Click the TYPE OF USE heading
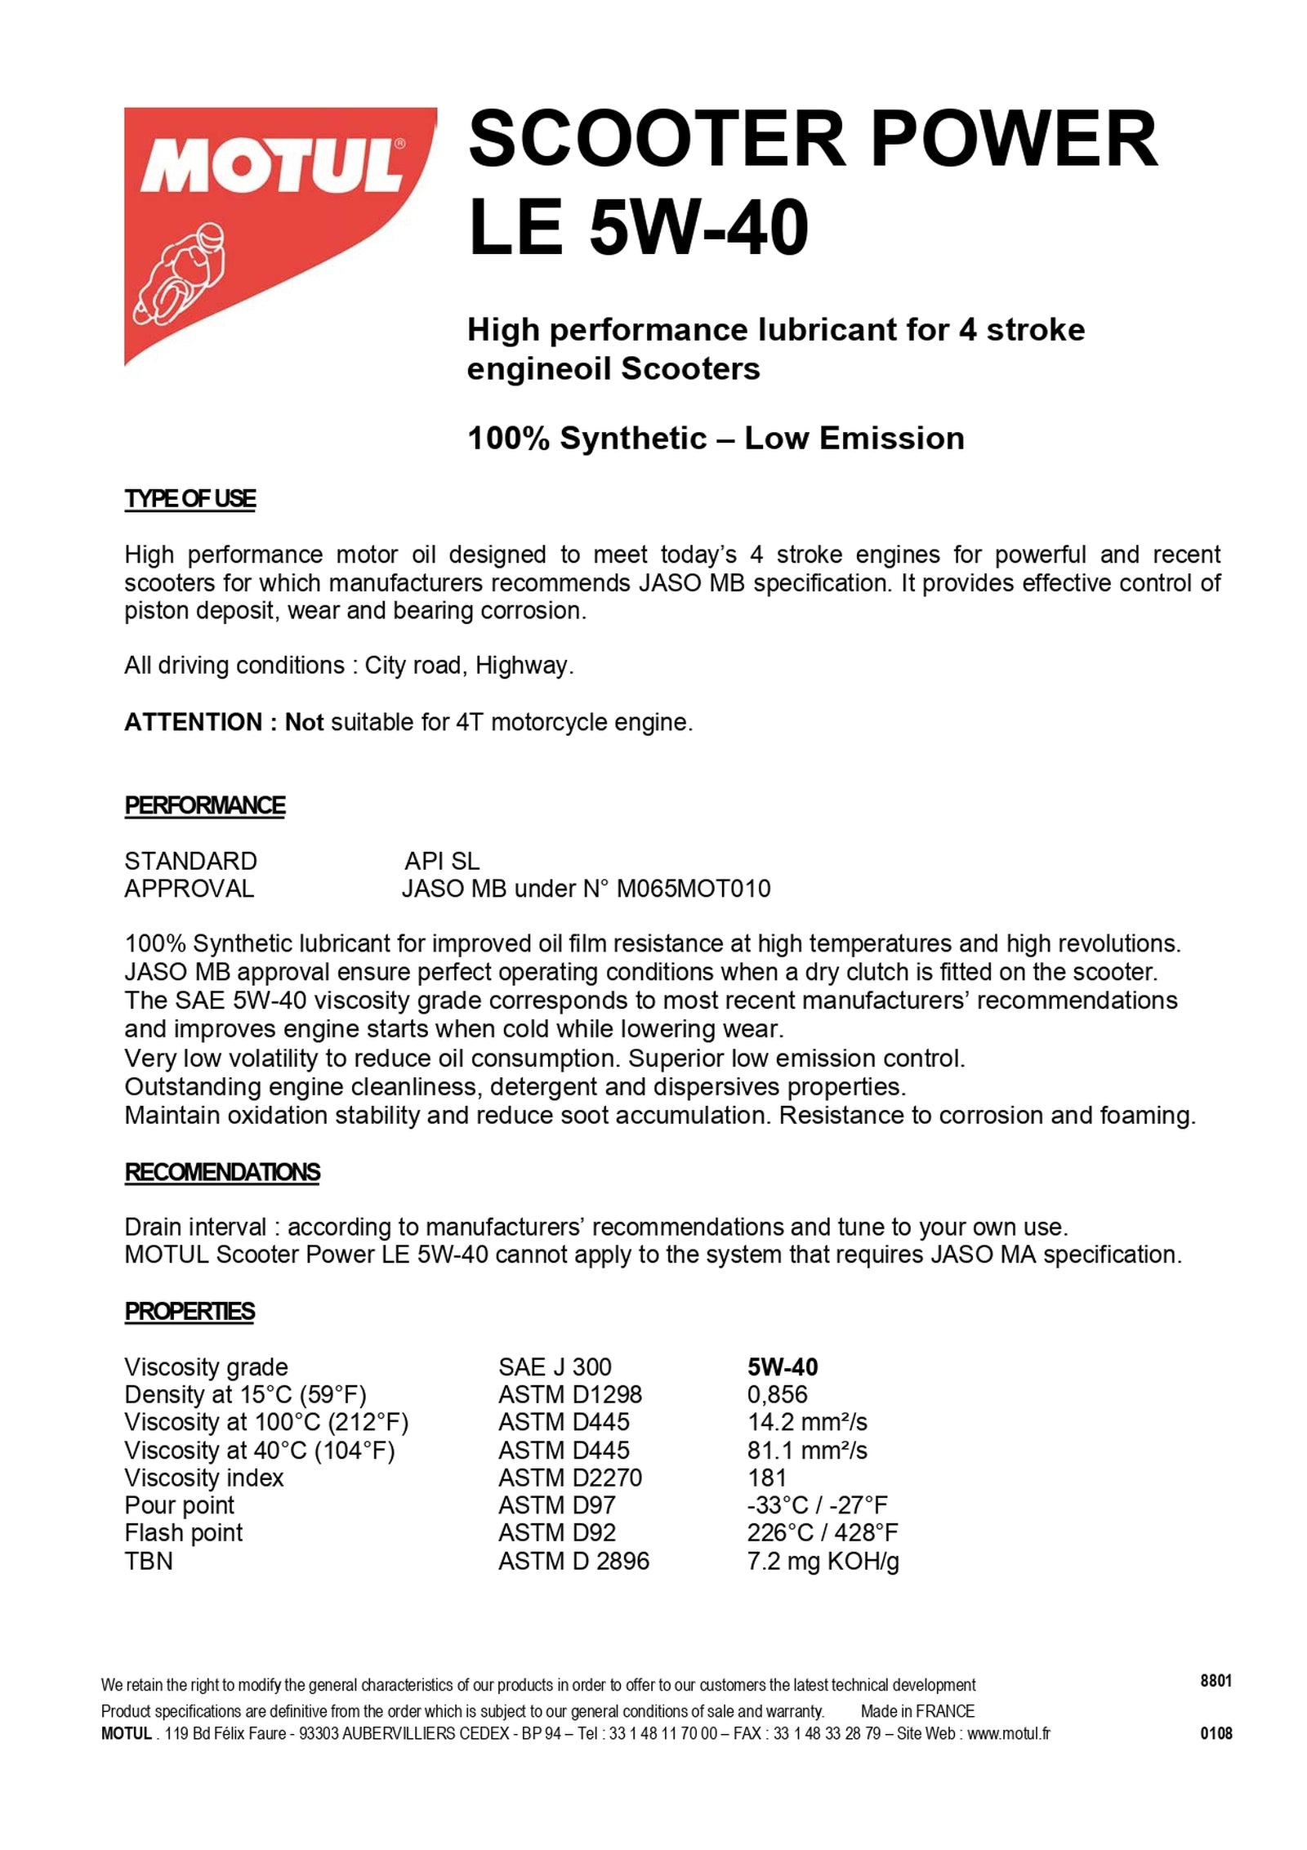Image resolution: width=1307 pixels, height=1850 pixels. click(x=190, y=498)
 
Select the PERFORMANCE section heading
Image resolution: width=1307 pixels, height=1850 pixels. click(x=204, y=805)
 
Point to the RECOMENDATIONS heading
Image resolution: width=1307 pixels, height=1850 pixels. click(x=221, y=1172)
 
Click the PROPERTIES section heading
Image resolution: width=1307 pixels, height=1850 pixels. click(x=189, y=1311)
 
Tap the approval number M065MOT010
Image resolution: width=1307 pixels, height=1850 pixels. click(x=693, y=889)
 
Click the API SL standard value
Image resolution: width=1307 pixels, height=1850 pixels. click(x=442, y=861)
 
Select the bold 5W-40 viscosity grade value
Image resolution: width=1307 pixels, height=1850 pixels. click(x=782, y=1367)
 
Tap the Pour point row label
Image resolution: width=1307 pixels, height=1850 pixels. click(x=179, y=1505)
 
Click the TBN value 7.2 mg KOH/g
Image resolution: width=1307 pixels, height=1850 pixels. click(x=823, y=1561)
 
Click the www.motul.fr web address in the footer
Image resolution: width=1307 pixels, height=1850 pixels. click(x=1009, y=1734)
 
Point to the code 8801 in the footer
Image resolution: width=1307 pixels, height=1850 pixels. click(x=1216, y=1680)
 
